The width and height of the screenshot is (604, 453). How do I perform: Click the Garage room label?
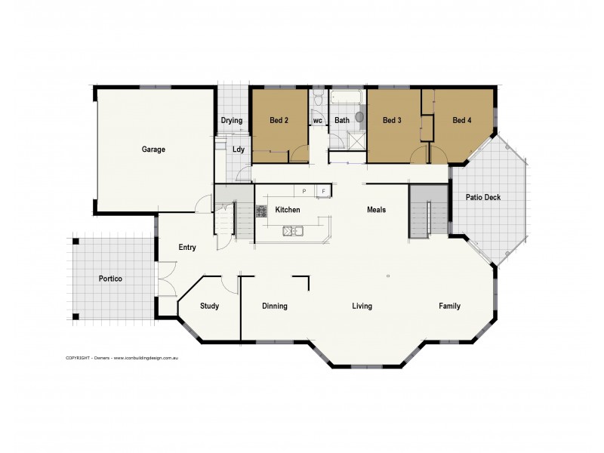pyautogui.click(x=153, y=149)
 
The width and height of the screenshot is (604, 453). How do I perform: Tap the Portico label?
pyautogui.click(x=110, y=279)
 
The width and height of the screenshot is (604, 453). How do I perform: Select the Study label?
pyautogui.click(x=209, y=307)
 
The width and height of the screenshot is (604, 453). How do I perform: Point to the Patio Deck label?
pyautogui.click(x=483, y=198)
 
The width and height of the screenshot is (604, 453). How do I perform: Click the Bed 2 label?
pyautogui.click(x=280, y=120)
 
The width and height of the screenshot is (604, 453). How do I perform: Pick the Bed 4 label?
pyautogui.click(x=463, y=120)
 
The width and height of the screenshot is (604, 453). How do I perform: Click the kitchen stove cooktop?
pyautogui.click(x=262, y=211)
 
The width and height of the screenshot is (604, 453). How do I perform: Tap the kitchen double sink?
pyautogui.click(x=292, y=231)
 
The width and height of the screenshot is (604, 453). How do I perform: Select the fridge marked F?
pyautogui.click(x=323, y=192)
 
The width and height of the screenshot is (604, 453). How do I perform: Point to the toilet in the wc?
pyautogui.click(x=318, y=100)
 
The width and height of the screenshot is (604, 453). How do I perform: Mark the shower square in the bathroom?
pyautogui.click(x=354, y=140)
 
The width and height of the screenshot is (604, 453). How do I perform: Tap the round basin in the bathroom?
pyautogui.click(x=359, y=117)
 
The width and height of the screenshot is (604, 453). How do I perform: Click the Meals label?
pyautogui.click(x=376, y=210)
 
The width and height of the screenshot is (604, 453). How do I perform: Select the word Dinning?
pyautogui.click(x=274, y=307)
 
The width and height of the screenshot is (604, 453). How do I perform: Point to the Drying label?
pyautogui.click(x=231, y=121)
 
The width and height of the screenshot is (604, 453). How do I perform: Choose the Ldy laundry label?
pyautogui.click(x=238, y=149)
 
